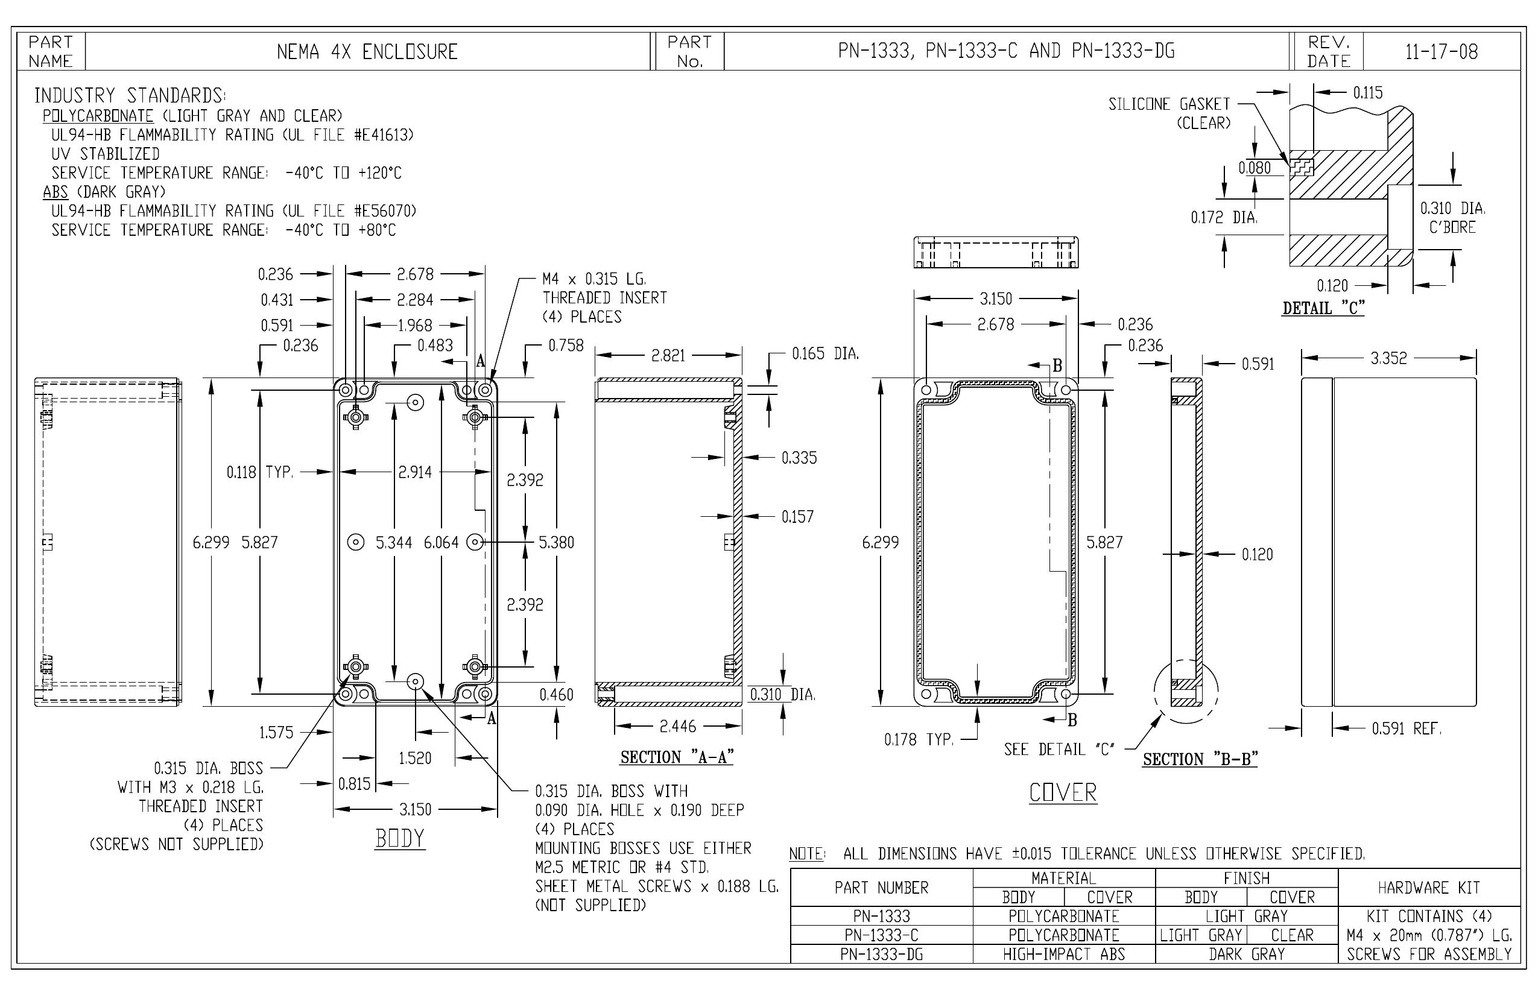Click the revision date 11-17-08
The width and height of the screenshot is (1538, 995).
[x=1441, y=52]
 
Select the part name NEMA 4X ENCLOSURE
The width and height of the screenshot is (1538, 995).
[x=367, y=52]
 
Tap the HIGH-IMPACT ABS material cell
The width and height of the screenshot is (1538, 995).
[x=1064, y=954]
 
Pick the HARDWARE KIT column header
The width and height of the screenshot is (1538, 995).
[x=1429, y=888]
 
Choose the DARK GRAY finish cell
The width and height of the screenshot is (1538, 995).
[x=1247, y=954]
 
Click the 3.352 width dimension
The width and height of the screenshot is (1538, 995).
[x=1388, y=358]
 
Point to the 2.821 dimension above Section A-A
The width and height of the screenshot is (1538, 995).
[x=668, y=355]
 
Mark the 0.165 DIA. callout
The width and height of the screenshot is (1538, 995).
[x=825, y=353]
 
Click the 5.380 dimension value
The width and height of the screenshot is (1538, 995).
[x=556, y=542]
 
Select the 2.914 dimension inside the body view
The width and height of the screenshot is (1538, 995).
[x=415, y=472]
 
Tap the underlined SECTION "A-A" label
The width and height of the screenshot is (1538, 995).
[x=677, y=757]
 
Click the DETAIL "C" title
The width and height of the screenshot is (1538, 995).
[x=1323, y=308]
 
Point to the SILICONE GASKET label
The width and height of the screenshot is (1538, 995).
[x=1169, y=104]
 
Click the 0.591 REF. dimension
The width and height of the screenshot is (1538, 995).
[x=1406, y=729]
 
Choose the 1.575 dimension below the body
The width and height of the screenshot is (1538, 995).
[x=276, y=732]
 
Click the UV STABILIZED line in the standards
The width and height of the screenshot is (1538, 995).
[x=106, y=154]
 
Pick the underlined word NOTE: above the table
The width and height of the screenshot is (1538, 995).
[x=807, y=854]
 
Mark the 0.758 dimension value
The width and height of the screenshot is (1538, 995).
[x=566, y=346]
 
